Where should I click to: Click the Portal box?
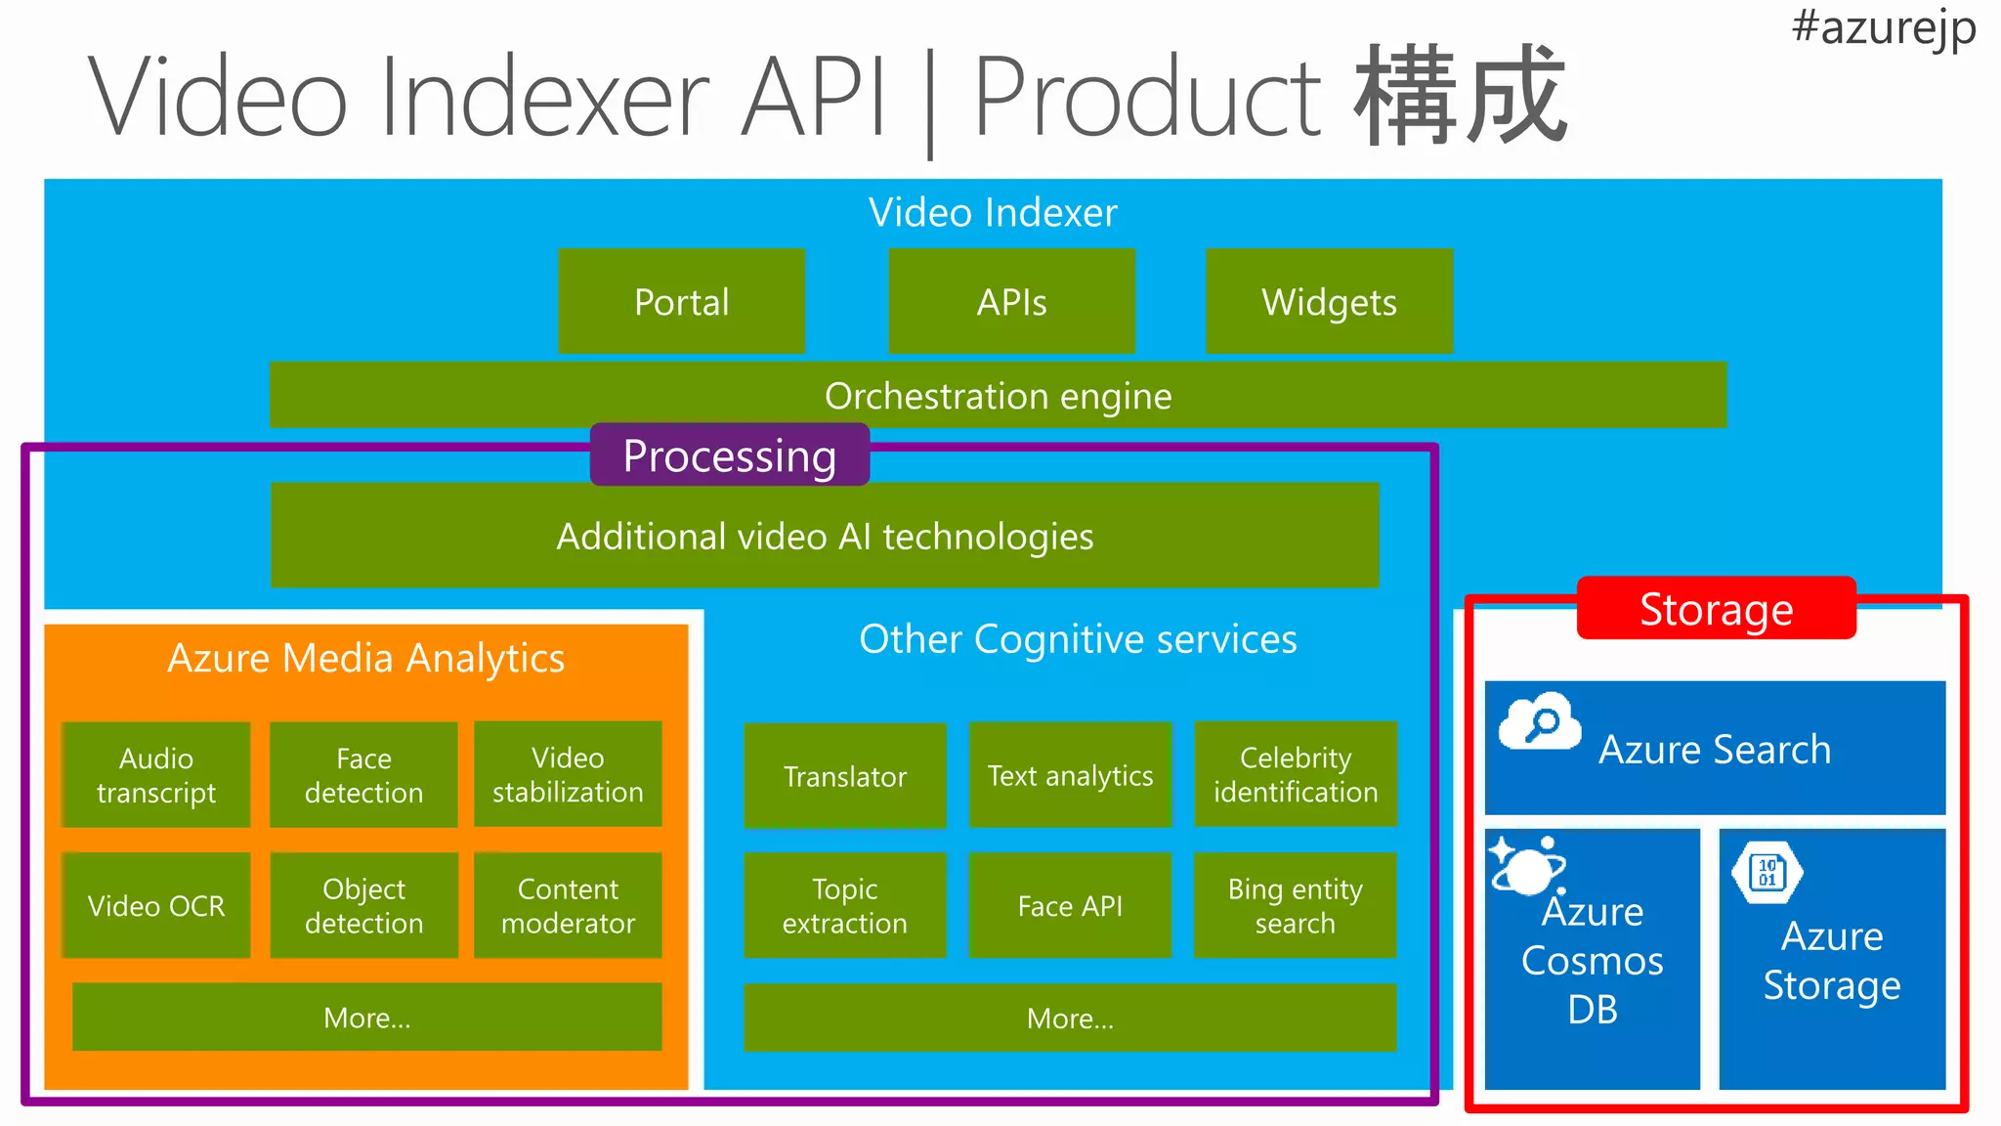(681, 301)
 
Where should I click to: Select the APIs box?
(1011, 301)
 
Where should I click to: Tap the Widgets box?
(1329, 301)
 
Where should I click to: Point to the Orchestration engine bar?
(998, 395)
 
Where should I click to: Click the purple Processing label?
(730, 455)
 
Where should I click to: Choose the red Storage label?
(1717, 608)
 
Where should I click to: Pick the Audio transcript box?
(156, 775)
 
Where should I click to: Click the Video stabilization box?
(568, 774)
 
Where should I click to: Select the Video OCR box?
(156, 905)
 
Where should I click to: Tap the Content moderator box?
(568, 905)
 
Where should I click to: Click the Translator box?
(845, 776)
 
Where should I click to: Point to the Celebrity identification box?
(1296, 774)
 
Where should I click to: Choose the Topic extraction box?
(845, 905)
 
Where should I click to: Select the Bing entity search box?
(1296, 905)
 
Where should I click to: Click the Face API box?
(1070, 905)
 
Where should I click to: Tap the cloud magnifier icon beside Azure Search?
(1540, 721)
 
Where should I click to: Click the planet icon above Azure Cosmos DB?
(1527, 865)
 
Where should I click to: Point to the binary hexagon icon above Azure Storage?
(1767, 871)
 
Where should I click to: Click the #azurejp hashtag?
(1884, 27)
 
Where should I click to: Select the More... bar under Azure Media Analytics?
(367, 1018)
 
